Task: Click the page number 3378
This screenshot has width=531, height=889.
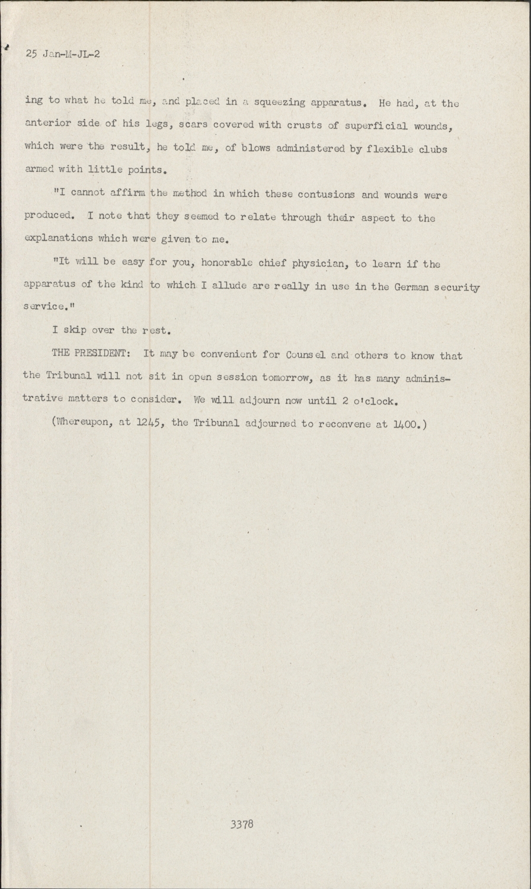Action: (242, 824)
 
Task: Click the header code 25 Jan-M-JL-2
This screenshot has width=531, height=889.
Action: (63, 54)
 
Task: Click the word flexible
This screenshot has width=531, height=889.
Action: (391, 149)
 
